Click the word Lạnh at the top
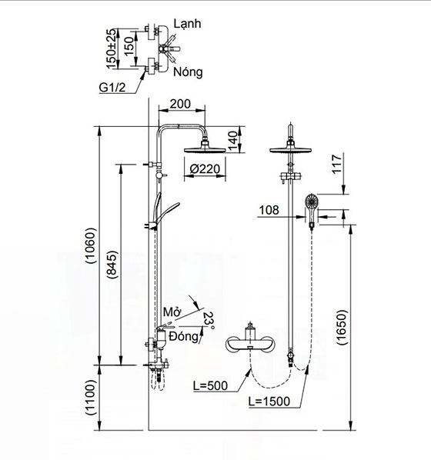[187, 24]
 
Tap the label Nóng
[188, 72]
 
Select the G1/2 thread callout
[112, 88]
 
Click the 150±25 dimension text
[112, 48]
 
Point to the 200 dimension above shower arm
[180, 104]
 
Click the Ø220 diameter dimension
[205, 169]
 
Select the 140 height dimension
[232, 141]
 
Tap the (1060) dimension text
[90, 245]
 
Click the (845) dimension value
[112, 264]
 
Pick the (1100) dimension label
[90, 398]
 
